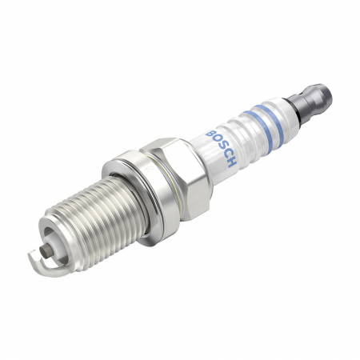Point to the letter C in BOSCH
point(226,154)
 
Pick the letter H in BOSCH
point(232,162)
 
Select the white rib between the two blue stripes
point(265,126)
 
